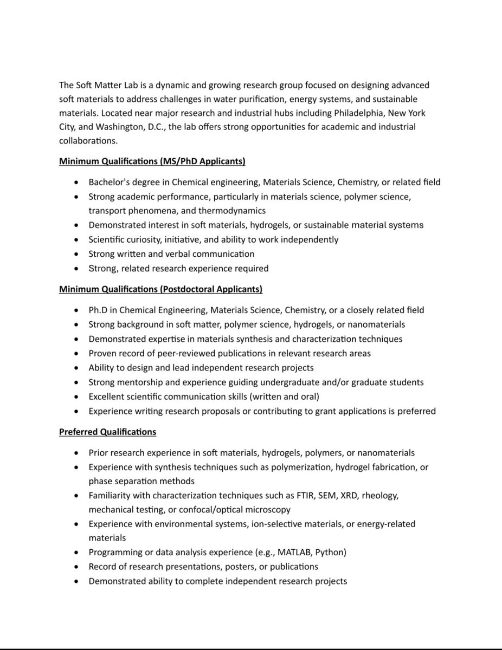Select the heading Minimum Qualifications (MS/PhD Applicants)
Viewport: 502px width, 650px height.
pyautogui.click(x=152, y=161)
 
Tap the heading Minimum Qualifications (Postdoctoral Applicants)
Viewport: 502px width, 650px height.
pyautogui.click(x=160, y=290)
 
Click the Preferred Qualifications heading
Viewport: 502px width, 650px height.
pyautogui.click(x=107, y=432)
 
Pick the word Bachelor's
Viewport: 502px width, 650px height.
pyautogui.click(x=109, y=183)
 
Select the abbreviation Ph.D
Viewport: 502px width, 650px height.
pyautogui.click(x=99, y=310)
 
